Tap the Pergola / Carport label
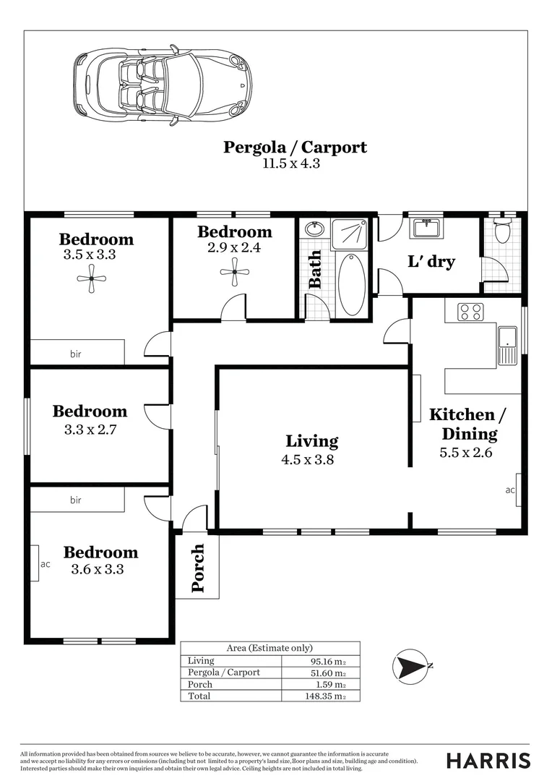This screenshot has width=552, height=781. point(295,148)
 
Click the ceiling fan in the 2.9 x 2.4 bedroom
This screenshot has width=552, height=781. point(234,273)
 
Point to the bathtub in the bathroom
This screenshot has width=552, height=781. point(351,283)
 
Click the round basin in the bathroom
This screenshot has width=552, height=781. point(314,230)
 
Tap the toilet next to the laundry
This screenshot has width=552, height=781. point(503,231)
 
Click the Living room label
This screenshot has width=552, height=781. point(311,440)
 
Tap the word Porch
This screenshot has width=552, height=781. point(197,568)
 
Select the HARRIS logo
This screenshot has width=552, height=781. point(488,760)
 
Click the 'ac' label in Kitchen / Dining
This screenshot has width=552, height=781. point(510,490)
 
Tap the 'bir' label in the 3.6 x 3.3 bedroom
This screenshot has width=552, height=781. point(76,500)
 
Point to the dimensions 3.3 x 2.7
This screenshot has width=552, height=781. point(90,428)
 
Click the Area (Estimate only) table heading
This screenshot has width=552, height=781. point(269,648)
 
